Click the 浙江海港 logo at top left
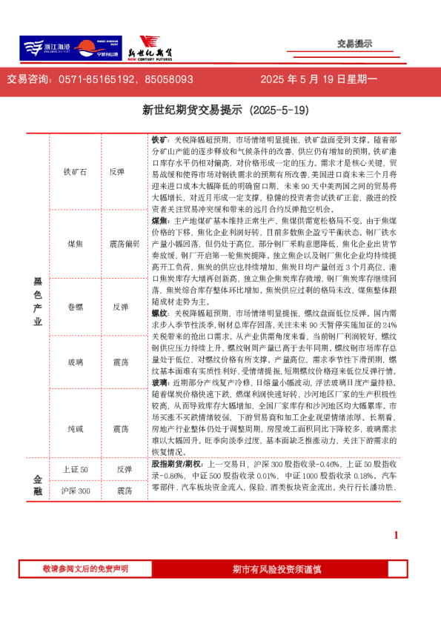click(44, 47)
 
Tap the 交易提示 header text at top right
click(354, 44)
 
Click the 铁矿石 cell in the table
click(76, 171)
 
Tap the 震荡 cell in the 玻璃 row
click(121, 362)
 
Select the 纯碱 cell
click(76, 428)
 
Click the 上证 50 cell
click(76, 469)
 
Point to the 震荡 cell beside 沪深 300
click(124, 491)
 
